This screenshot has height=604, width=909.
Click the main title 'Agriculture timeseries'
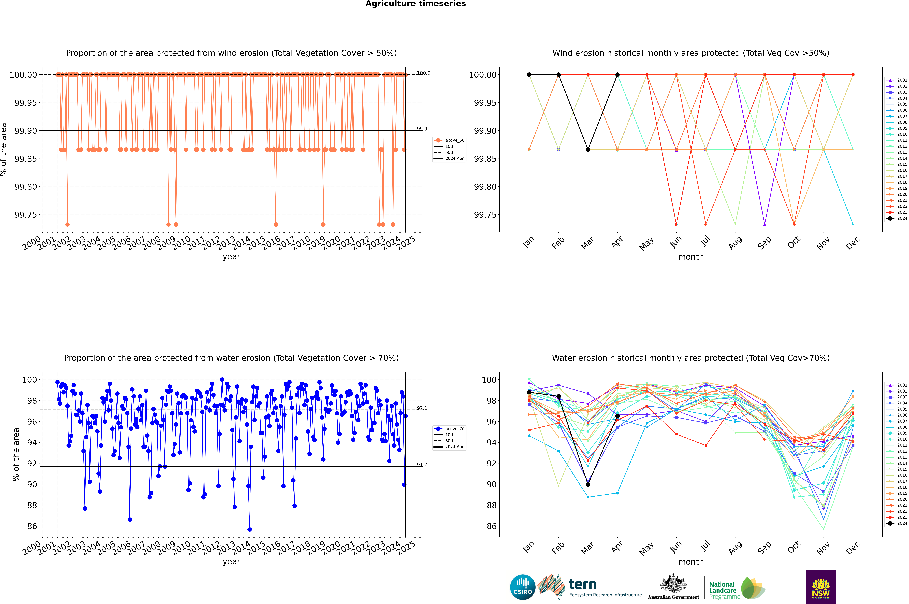415,4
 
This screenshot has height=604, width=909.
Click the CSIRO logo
522,587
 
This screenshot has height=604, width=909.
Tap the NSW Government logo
821,587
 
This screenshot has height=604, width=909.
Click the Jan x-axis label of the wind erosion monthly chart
528,242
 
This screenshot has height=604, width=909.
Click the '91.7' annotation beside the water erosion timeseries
422,465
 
